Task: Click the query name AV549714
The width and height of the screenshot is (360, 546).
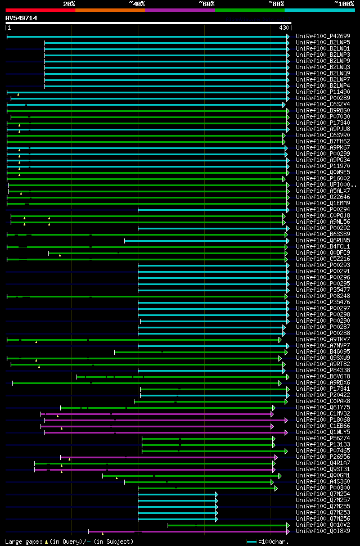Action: pos(21,18)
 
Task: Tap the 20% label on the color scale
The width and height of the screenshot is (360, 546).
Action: pos(69,3)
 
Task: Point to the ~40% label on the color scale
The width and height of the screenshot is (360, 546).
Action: pos(137,3)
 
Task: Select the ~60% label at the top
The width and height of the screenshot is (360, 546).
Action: pos(206,3)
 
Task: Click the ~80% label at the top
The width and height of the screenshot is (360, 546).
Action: pos(276,3)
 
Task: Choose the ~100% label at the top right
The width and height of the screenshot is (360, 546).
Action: pos(344,3)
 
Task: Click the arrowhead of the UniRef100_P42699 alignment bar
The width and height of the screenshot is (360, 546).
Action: pos(288,37)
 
